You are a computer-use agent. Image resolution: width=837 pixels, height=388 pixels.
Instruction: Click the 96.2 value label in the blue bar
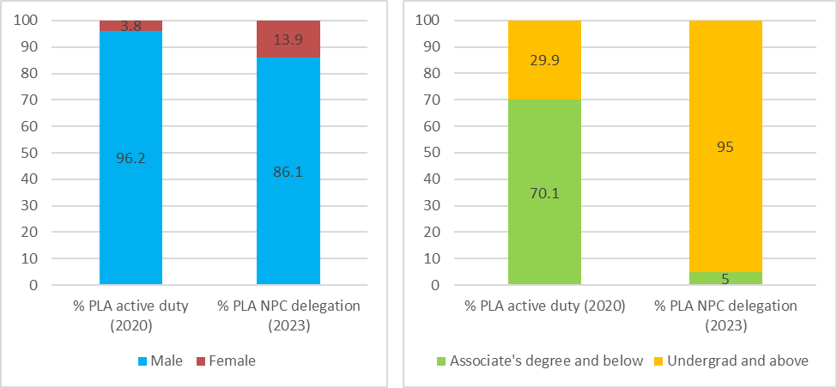pyautogui.click(x=130, y=158)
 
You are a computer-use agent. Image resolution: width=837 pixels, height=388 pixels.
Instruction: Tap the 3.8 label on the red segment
pyautogui.click(x=130, y=26)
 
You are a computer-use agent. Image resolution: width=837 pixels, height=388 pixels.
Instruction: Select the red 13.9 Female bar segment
pyautogui.click(x=288, y=39)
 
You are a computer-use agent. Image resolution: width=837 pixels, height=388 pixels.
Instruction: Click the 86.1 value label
pyautogui.click(x=288, y=171)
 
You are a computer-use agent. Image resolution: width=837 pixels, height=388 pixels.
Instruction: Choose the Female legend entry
pyautogui.click(x=226, y=361)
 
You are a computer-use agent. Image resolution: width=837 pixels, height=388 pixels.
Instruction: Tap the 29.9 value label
pyautogui.click(x=544, y=59)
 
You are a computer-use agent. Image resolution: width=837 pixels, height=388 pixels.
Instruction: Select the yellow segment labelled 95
pyautogui.click(x=726, y=146)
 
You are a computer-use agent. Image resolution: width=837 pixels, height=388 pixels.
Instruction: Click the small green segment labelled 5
pyautogui.click(x=726, y=278)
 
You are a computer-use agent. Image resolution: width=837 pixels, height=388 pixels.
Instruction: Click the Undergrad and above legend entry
pyautogui.click(x=738, y=361)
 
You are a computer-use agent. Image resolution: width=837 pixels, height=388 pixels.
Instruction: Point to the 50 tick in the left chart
pyautogui.click(x=33, y=153)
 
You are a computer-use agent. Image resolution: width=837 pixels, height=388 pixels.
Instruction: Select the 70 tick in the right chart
pyautogui.click(x=443, y=100)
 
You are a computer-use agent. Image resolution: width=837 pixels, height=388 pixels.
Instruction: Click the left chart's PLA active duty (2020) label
pyautogui.click(x=130, y=314)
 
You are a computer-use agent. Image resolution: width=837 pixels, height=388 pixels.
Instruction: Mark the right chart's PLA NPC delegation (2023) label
pyautogui.click(x=726, y=314)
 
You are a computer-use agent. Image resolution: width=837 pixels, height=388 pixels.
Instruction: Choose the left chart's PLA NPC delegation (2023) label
pyautogui.click(x=288, y=314)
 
